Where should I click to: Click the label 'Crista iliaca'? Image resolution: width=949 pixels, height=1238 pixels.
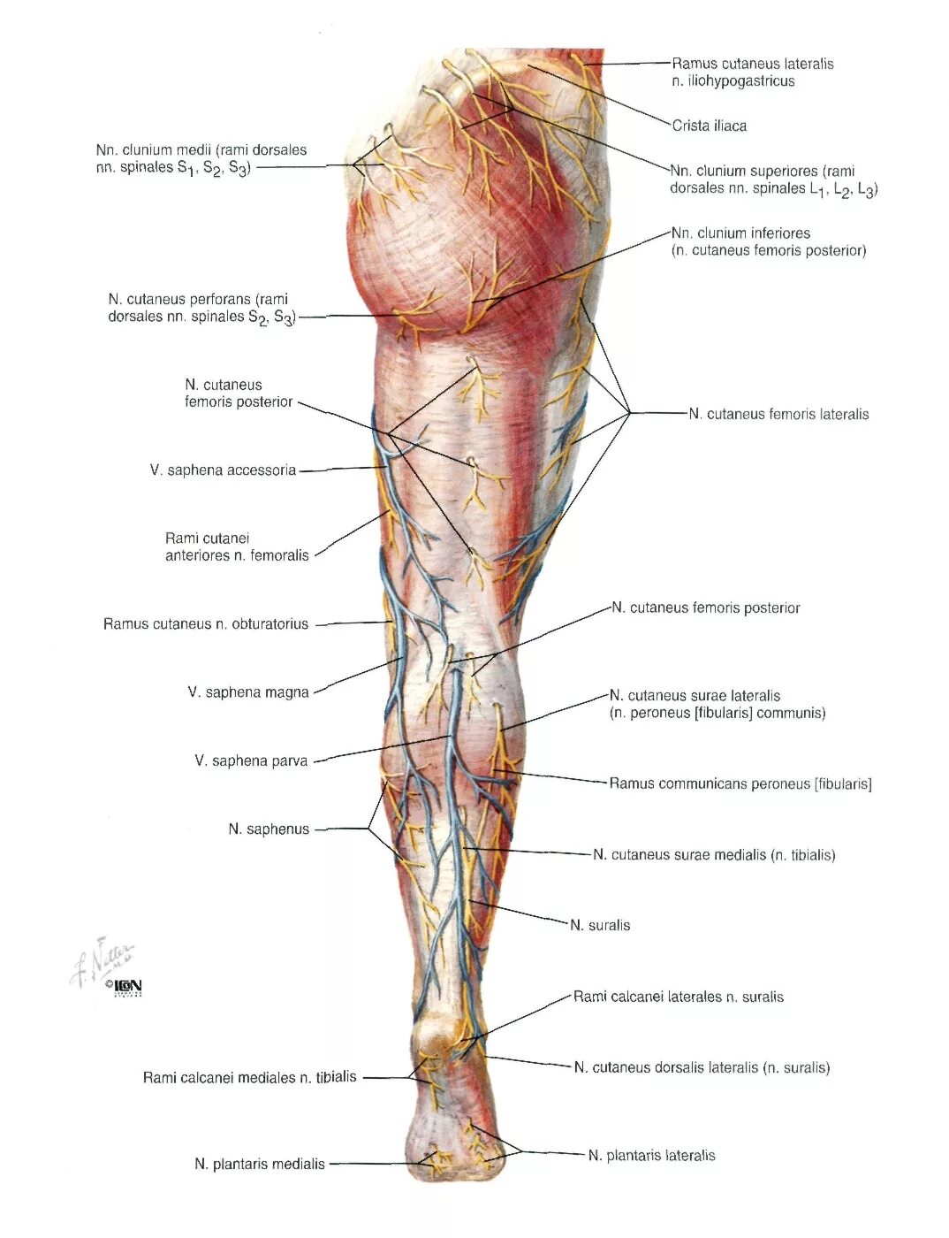[709, 126]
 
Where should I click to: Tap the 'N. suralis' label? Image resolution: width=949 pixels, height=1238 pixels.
[599, 925]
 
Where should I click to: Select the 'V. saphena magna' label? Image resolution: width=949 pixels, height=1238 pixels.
[247, 692]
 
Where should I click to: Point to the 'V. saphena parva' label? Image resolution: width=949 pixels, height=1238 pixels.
[251, 760]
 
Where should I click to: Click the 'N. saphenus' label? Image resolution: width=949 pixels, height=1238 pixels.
[269, 829]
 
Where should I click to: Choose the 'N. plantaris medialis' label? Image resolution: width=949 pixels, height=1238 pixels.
[260, 1164]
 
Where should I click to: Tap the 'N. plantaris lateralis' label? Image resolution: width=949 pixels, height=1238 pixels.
[651, 1155]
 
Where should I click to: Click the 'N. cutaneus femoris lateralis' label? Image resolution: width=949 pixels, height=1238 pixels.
[778, 414]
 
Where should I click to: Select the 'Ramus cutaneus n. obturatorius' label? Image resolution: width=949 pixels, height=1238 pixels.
[206, 623]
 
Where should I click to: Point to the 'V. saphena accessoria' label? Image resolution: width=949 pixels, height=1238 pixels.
[223, 470]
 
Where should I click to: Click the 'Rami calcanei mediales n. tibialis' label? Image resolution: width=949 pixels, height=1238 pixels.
[250, 1077]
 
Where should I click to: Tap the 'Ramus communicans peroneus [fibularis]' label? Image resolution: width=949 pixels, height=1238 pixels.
[740, 783]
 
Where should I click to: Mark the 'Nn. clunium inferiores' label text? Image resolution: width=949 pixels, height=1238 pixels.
[740, 233]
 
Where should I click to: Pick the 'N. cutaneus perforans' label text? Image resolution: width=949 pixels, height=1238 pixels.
[198, 300]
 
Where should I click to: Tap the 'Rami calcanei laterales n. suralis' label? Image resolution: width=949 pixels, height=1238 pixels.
[678, 997]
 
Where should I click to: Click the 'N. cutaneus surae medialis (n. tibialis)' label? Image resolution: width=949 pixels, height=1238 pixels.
[713, 854]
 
